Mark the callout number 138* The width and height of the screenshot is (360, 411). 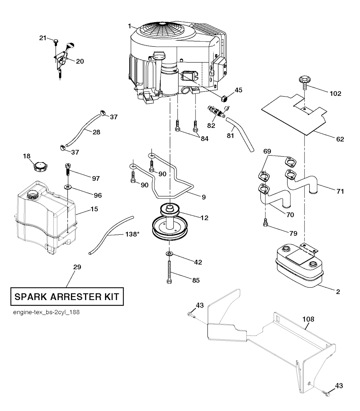(x=132, y=234)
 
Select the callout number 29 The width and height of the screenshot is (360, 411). (x=77, y=267)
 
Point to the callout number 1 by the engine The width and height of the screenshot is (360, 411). (x=129, y=26)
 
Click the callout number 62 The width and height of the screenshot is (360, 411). (x=340, y=139)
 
